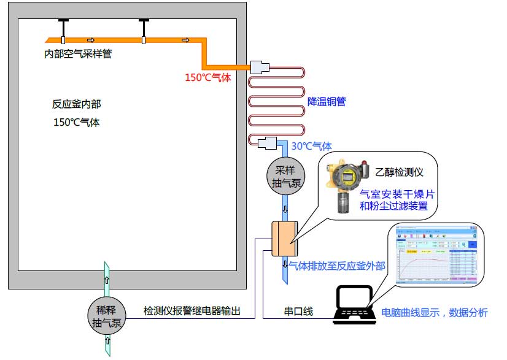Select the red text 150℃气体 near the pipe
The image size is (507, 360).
(208, 78)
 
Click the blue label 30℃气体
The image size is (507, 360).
(311, 146)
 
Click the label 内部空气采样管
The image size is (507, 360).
(79, 54)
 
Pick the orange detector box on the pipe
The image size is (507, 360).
(284, 239)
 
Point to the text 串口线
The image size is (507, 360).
(298, 312)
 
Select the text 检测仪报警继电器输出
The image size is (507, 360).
(191, 312)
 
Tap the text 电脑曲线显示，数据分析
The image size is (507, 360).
(435, 313)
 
